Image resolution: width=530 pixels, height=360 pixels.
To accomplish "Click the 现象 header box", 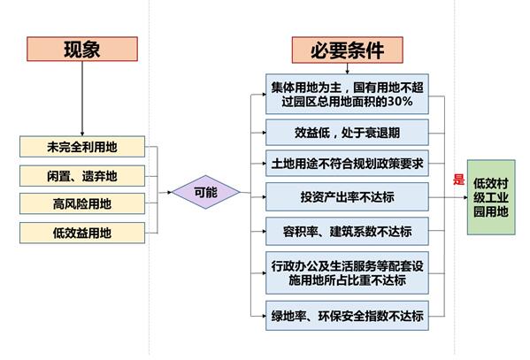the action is coord(82,49).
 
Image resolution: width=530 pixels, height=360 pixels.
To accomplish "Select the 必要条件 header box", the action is coord(348,50).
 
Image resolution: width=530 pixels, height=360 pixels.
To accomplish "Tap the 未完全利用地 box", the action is coord(82,147).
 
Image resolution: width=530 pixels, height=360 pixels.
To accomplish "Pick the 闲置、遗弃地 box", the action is coord(82,176).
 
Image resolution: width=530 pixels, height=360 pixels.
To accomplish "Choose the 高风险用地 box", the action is coord(82,203).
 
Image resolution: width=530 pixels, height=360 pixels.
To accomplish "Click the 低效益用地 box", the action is coord(82,233).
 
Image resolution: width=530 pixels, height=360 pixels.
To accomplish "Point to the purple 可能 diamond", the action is coord(206,192).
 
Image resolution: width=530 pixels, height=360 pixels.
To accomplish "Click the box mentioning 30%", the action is coord(347,94).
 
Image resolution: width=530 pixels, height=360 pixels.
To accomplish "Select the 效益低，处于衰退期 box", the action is coord(347,133).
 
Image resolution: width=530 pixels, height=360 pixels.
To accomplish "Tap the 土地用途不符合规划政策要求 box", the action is coord(347,164).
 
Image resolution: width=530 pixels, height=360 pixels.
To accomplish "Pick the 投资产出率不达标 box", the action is coord(347,197).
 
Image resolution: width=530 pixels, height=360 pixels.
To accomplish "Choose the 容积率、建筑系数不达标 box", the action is coord(347,232).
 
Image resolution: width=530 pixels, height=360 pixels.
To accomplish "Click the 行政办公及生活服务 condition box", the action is coord(347,272).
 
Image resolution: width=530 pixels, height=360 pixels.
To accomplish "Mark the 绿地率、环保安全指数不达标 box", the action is coord(347,316).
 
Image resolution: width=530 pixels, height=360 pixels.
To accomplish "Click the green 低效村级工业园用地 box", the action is coord(491,197).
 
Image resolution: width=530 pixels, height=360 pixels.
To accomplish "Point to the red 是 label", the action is coord(458,180).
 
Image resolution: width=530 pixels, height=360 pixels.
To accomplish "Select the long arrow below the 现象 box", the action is coord(82,99).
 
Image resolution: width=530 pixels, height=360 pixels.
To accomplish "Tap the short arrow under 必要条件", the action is coord(347,69).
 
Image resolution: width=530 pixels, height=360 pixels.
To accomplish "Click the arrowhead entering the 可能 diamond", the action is coord(170,192).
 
